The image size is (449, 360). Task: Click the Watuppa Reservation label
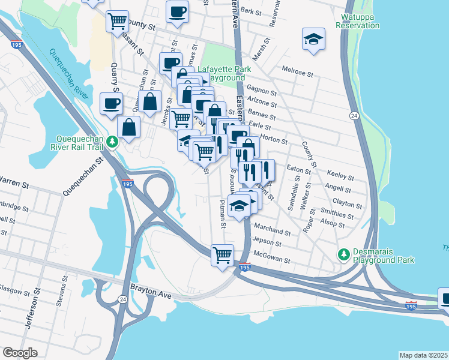pyautogui.click(x=358, y=22)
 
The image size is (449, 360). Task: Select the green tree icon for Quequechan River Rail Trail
pyautogui.click(x=112, y=142)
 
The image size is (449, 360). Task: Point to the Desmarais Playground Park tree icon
pyautogui.click(x=343, y=254)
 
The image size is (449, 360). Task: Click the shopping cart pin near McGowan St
pyautogui.click(x=222, y=255)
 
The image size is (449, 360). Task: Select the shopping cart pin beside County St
pyautogui.click(x=117, y=21)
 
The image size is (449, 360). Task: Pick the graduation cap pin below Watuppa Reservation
pyautogui.click(x=313, y=39)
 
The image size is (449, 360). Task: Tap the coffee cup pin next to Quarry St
pyautogui.click(x=111, y=103)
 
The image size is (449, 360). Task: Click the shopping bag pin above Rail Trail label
pyautogui.click(x=128, y=127)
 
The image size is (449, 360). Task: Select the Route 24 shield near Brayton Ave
pyautogui.click(x=122, y=298)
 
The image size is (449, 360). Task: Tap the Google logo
pyautogui.click(x=20, y=353)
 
